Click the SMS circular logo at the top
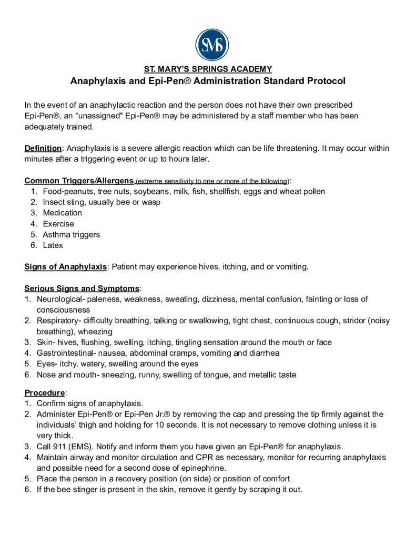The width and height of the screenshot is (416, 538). click(212, 45)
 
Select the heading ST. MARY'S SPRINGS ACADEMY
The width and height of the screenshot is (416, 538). click(208, 69)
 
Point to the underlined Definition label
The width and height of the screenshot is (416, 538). click(44, 148)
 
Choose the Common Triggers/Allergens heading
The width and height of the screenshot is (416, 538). click(79, 181)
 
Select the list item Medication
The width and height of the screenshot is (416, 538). click(62, 213)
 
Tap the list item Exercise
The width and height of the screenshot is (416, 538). click(58, 224)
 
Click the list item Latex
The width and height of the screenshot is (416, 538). click(53, 245)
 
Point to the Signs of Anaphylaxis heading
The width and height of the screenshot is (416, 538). click(66, 267)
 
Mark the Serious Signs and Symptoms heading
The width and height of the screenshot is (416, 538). click(82, 288)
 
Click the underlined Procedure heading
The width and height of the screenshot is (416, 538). click(45, 392)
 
